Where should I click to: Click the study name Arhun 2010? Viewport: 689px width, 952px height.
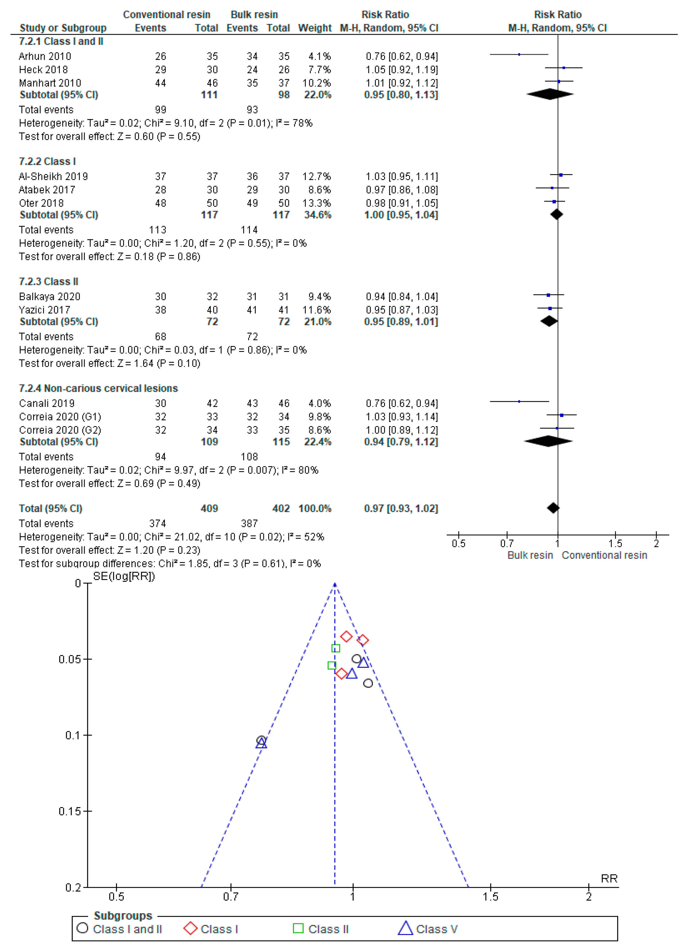45,56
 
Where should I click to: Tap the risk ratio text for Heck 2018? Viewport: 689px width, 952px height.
401,70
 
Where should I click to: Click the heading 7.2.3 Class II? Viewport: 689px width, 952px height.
49,282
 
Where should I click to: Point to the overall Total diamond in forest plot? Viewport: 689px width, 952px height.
553,508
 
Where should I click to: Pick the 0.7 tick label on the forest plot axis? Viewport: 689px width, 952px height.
507,544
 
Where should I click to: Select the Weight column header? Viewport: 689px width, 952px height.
315,28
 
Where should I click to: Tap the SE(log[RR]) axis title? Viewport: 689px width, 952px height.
124,576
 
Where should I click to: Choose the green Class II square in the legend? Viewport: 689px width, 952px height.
298,928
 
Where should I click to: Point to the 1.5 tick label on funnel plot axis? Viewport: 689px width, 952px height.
490,897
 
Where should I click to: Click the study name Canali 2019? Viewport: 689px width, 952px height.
47,403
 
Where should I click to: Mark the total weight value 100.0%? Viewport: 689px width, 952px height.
315,509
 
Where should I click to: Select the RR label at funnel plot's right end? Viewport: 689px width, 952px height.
609,879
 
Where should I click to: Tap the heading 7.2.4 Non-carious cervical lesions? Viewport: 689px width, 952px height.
98,388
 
